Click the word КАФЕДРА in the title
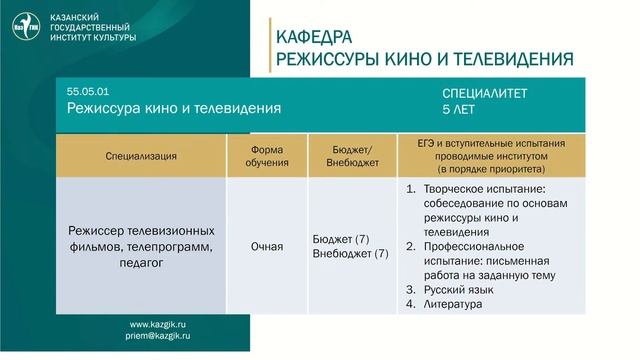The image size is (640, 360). click(x=315, y=38)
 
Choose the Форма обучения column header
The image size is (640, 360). click(x=267, y=155)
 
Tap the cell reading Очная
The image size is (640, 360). click(x=266, y=246)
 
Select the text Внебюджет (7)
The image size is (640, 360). click(x=350, y=254)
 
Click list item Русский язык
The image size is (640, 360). click(x=456, y=290)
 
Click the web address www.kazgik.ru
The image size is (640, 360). click(x=158, y=325)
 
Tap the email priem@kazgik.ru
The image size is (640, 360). click(x=158, y=338)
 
